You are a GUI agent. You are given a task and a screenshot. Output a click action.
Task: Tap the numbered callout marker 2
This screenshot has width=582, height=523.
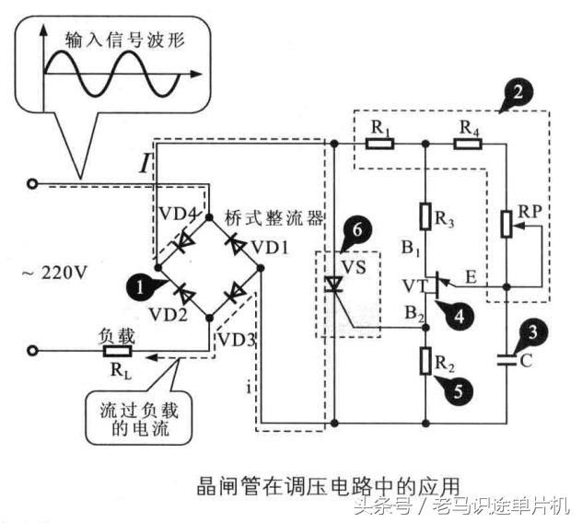tap(519, 90)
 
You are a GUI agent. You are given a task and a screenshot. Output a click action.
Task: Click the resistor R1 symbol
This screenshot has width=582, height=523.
tap(379, 143)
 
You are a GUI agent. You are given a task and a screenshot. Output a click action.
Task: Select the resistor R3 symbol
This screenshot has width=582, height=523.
tap(425, 216)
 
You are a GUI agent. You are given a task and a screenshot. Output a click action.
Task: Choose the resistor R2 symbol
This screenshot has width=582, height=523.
tap(425, 361)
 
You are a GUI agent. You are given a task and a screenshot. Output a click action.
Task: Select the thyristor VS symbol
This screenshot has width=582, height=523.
tap(333, 287)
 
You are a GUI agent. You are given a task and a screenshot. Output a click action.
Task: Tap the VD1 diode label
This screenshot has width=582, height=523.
tap(268, 248)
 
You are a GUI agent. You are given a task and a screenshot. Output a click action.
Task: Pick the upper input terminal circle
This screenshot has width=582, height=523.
tap(33, 184)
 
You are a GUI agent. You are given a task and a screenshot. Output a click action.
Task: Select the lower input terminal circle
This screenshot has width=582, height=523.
tap(33, 351)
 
